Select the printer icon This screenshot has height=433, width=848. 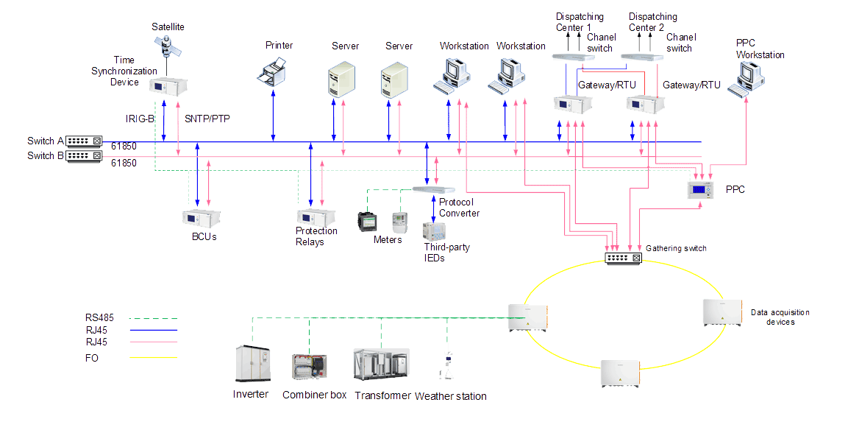pyautogui.click(x=274, y=72)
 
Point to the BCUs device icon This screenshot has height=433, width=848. pyautogui.click(x=201, y=219)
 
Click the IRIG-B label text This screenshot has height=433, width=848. pyautogui.click(x=140, y=118)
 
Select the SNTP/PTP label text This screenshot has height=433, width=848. pyautogui.click(x=208, y=118)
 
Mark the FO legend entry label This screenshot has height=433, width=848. pyautogui.click(x=92, y=358)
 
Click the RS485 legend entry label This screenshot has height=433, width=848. pyautogui.click(x=99, y=318)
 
